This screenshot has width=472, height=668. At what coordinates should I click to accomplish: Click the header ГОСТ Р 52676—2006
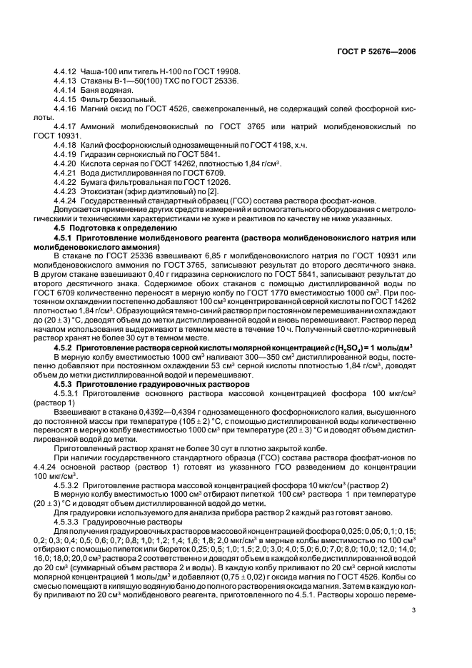pyautogui.click(x=386, y=51)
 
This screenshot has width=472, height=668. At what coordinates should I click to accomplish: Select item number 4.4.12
pyautogui.click(x=66, y=73)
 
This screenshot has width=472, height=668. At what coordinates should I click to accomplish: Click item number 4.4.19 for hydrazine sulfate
pyautogui.click(x=66, y=154)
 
